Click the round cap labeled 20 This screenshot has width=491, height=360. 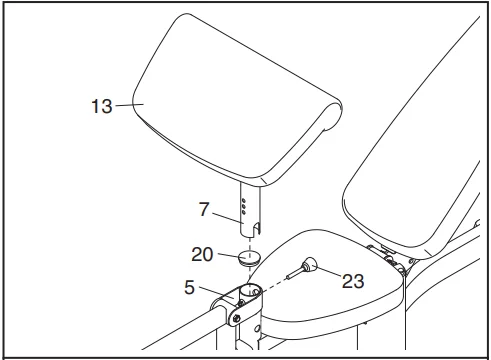pyautogui.click(x=250, y=255)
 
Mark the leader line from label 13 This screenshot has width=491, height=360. pyautogui.click(x=126, y=103)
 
